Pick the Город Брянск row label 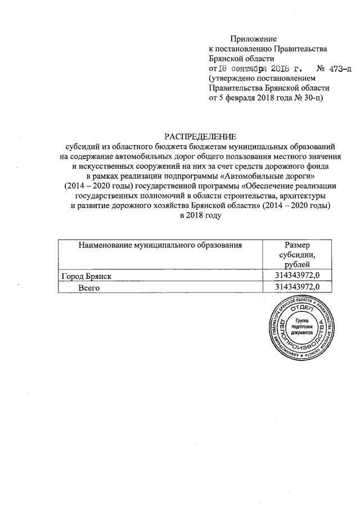click(87, 276)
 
